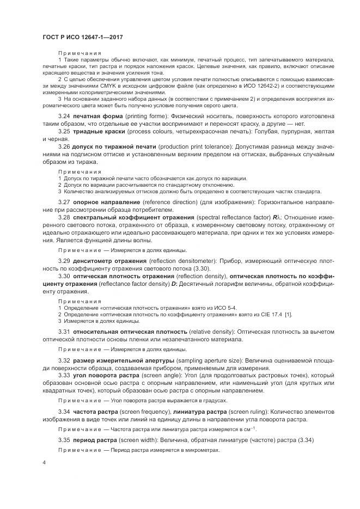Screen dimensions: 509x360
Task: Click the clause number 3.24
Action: click(64, 116)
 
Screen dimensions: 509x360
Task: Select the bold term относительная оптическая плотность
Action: click(130, 332)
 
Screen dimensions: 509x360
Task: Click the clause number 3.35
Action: click(64, 440)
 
